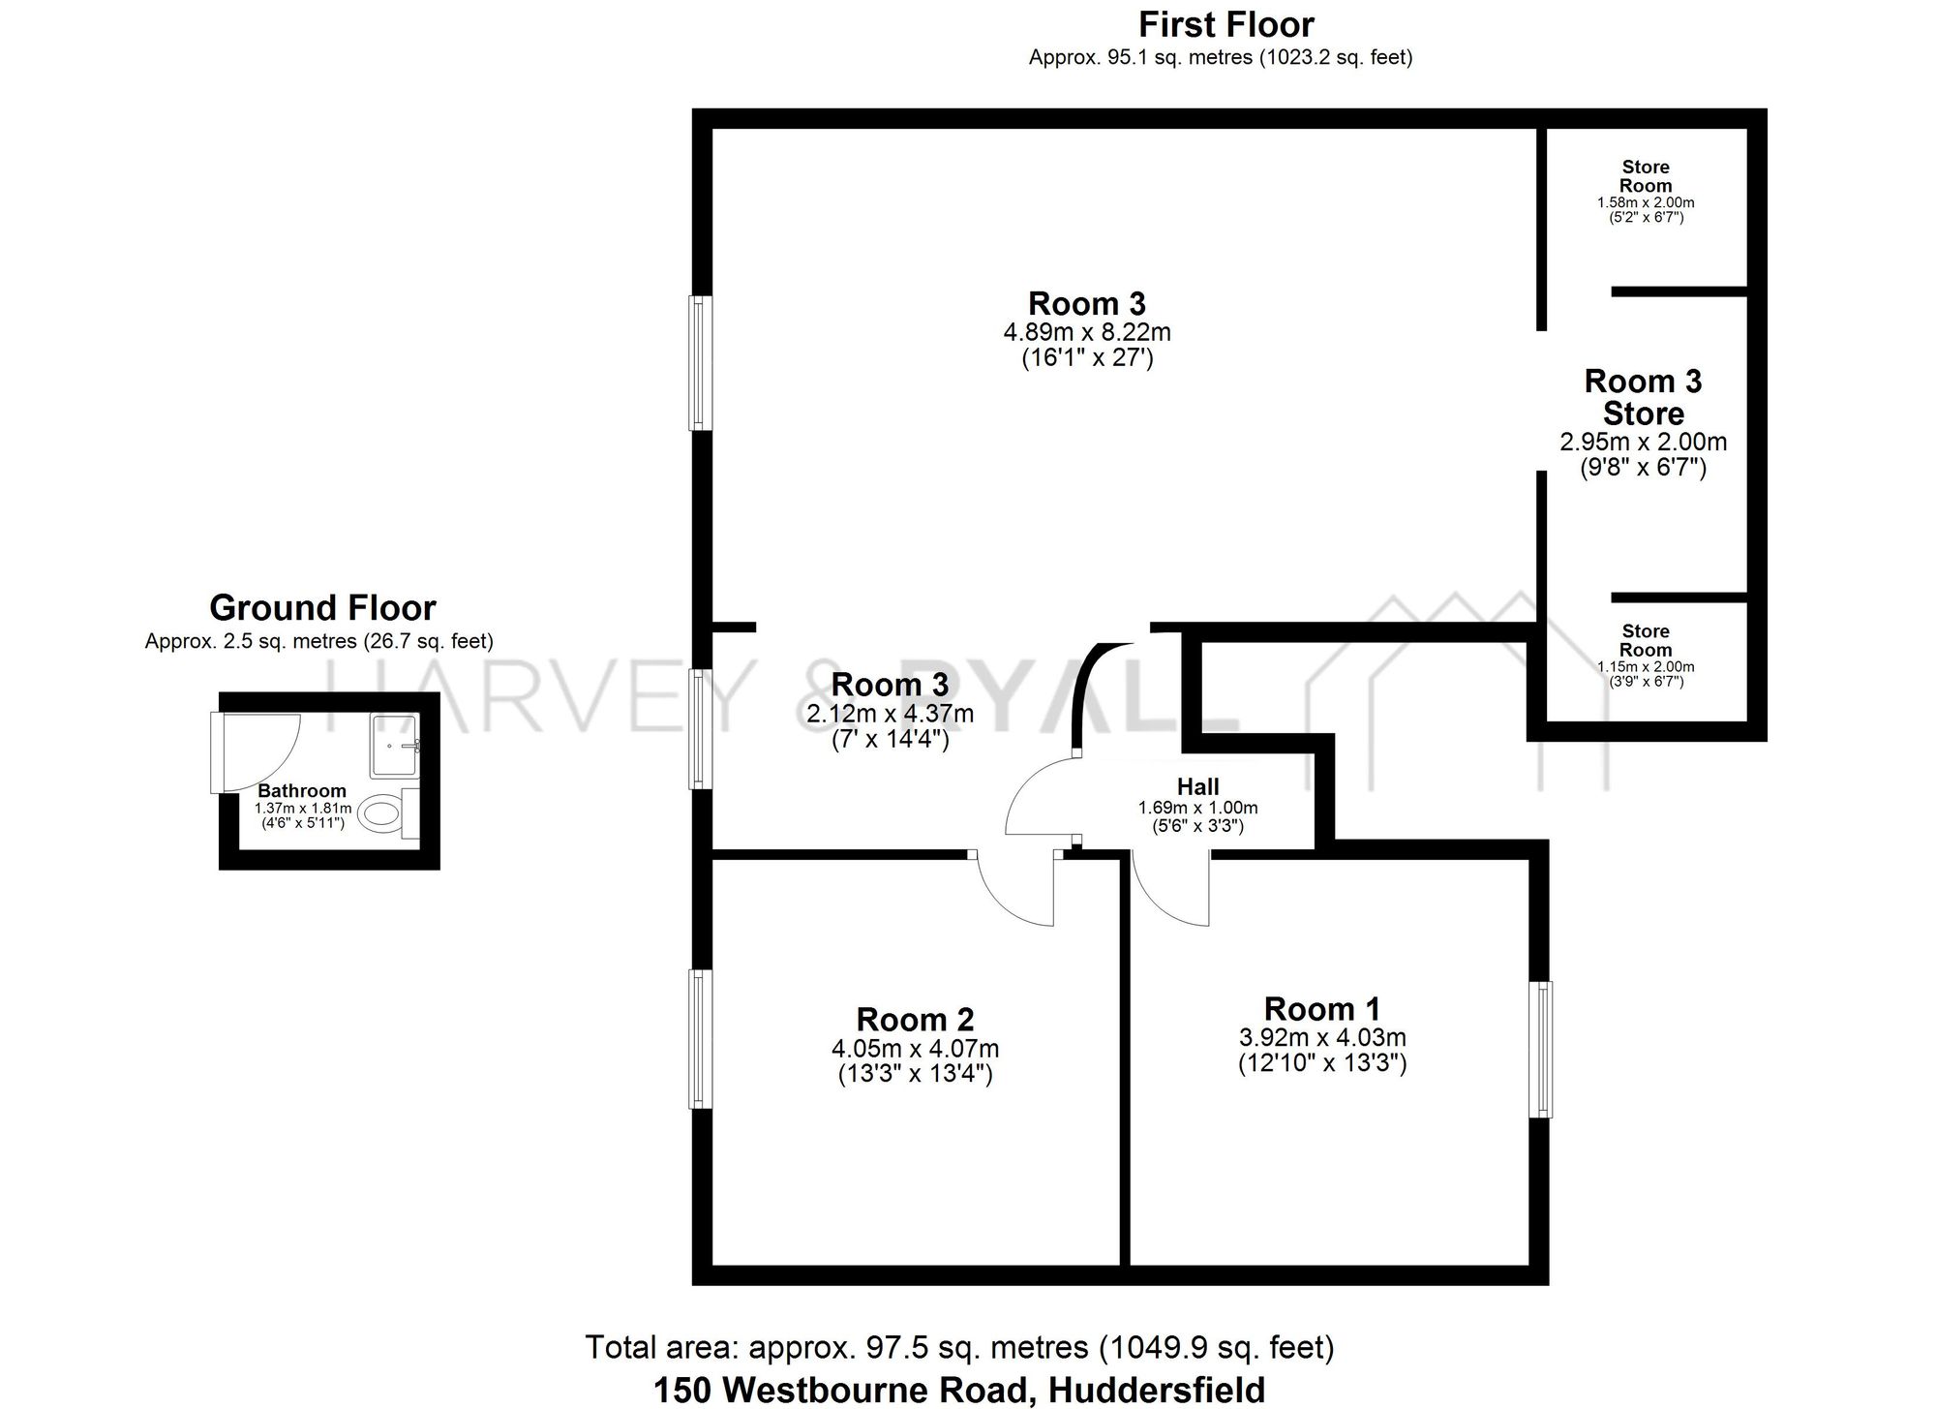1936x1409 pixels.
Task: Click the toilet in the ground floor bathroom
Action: [x=381, y=813]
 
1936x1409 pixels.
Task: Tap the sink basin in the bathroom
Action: [x=395, y=746]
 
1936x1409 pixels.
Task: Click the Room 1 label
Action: [x=1321, y=1009]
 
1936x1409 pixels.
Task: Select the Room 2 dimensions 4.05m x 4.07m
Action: [x=915, y=1048]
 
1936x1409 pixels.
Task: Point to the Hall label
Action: [x=1197, y=787]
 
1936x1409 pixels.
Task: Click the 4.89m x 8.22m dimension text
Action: [x=1087, y=332]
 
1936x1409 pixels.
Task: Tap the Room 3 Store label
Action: [x=1643, y=397]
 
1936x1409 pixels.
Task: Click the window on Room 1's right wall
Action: [x=1541, y=1050]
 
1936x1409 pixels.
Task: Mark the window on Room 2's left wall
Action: [x=700, y=1038]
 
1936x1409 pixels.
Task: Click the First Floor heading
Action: [x=1225, y=24]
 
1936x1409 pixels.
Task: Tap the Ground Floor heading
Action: [x=322, y=608]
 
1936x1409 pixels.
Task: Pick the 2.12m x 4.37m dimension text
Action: [x=890, y=715]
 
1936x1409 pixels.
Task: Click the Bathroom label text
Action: [x=301, y=791]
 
